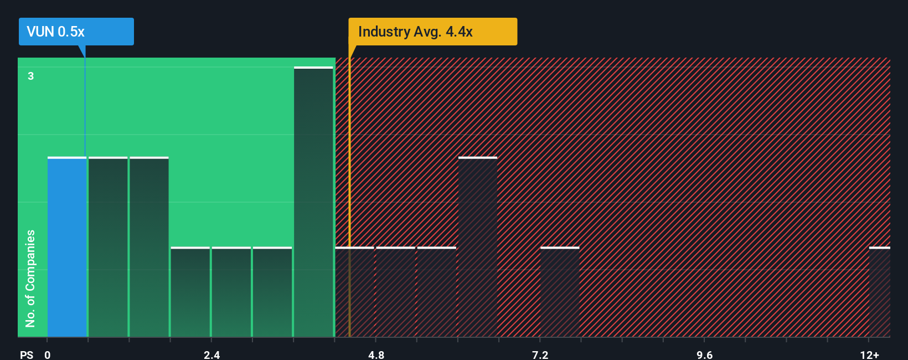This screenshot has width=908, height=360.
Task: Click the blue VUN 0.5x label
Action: (x=76, y=32)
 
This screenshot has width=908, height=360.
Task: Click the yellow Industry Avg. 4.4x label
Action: (x=432, y=32)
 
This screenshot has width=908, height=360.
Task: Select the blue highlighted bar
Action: (x=67, y=247)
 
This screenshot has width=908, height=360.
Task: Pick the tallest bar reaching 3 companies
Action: (x=313, y=202)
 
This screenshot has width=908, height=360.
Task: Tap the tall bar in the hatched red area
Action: (x=477, y=247)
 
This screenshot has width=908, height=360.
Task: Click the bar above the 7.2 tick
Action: (x=560, y=292)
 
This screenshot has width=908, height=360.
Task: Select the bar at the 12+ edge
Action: (x=879, y=292)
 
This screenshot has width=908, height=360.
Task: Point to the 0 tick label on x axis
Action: (x=48, y=354)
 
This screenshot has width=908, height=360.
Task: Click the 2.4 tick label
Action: (x=211, y=354)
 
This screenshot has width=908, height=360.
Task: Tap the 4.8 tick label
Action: (x=376, y=354)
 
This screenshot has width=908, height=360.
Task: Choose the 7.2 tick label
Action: (x=540, y=354)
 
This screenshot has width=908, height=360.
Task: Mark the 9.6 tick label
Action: (x=704, y=354)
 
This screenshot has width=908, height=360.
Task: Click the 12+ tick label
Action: (x=869, y=354)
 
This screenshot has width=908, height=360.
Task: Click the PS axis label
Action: (x=27, y=354)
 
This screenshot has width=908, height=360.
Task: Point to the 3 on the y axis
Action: (x=31, y=76)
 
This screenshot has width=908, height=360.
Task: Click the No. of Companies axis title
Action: (x=30, y=278)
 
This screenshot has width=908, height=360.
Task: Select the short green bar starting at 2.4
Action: (x=231, y=292)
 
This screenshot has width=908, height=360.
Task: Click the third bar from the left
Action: (x=149, y=247)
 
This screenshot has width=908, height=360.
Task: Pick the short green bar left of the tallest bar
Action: (x=272, y=292)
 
